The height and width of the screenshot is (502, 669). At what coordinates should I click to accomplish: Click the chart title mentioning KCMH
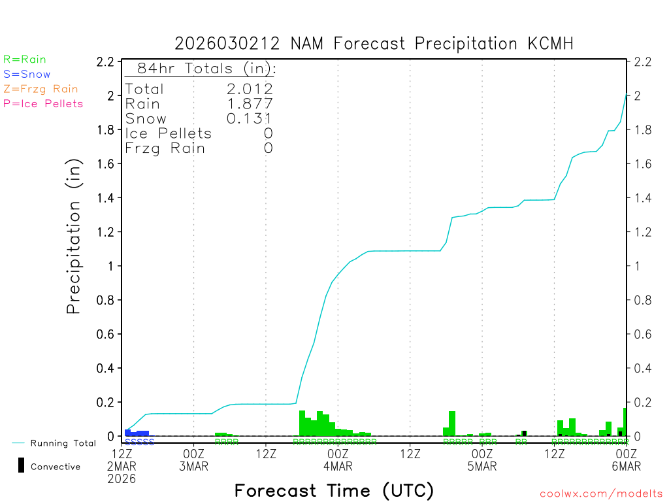coord(374,44)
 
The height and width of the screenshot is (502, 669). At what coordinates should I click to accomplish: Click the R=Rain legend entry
coord(25,59)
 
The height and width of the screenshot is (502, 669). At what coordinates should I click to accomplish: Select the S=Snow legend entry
coord(27,75)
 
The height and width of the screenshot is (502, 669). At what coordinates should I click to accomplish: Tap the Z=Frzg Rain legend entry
coord(41,89)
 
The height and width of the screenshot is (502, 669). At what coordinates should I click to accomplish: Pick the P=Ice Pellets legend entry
coord(43,103)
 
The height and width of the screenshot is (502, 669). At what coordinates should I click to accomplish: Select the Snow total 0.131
coord(250,118)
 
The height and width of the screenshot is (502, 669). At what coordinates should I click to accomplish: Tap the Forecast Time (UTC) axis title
coord(334,490)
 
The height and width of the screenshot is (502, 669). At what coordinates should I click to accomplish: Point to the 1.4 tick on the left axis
coord(106,198)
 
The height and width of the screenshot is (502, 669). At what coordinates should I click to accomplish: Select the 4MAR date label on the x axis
coord(338,466)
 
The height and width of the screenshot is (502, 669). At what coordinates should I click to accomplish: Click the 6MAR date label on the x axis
coord(626,466)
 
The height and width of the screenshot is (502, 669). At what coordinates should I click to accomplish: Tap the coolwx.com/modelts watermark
coord(601,494)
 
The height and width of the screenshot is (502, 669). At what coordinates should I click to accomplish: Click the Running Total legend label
coord(63,443)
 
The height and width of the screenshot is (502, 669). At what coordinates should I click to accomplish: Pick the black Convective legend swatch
coord(22,466)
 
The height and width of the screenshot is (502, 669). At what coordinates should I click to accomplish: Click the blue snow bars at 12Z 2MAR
coord(137,433)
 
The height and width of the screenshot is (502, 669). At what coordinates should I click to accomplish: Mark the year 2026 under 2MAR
coord(123,479)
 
